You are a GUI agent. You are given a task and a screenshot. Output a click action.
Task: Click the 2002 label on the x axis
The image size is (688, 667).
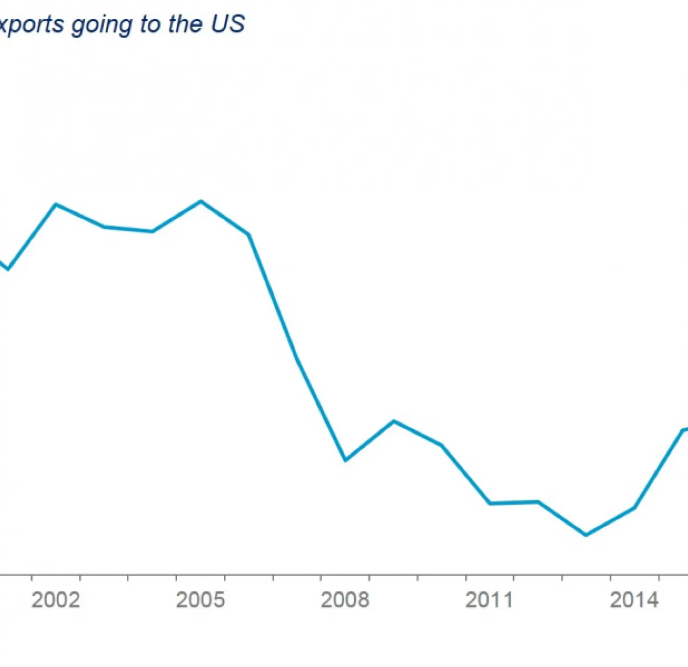[x=56, y=600]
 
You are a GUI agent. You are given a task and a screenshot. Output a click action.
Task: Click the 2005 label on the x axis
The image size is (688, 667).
[x=200, y=600]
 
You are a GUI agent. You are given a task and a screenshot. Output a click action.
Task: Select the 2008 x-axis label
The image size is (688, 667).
[x=345, y=600]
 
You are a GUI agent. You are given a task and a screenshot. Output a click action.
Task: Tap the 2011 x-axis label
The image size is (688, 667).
[x=490, y=600]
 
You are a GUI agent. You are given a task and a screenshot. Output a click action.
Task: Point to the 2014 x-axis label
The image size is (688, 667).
[x=634, y=600]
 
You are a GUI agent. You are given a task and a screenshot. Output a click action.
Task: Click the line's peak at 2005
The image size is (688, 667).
[x=200, y=201]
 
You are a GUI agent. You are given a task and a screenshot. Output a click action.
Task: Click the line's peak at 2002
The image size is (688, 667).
[x=56, y=204]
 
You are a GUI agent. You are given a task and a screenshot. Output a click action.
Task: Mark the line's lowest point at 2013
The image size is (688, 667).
[x=586, y=535]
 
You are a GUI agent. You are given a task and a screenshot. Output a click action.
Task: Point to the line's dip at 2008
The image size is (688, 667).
[x=345, y=460]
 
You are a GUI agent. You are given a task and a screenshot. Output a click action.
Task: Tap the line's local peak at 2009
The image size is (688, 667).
[x=394, y=421]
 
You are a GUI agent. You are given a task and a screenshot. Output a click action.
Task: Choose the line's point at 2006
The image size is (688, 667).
[x=249, y=234]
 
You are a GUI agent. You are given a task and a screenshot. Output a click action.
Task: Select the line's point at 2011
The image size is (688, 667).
[x=490, y=503]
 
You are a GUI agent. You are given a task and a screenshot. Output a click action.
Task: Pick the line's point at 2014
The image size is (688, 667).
[x=634, y=508]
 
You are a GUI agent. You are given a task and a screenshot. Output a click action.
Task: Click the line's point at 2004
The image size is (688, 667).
[x=152, y=231]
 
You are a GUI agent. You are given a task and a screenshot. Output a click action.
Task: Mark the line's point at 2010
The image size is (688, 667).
[x=441, y=445]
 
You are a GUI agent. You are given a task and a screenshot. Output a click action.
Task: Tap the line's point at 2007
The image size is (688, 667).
[x=297, y=356]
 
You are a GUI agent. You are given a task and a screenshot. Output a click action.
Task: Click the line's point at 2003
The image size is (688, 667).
[x=104, y=227]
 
